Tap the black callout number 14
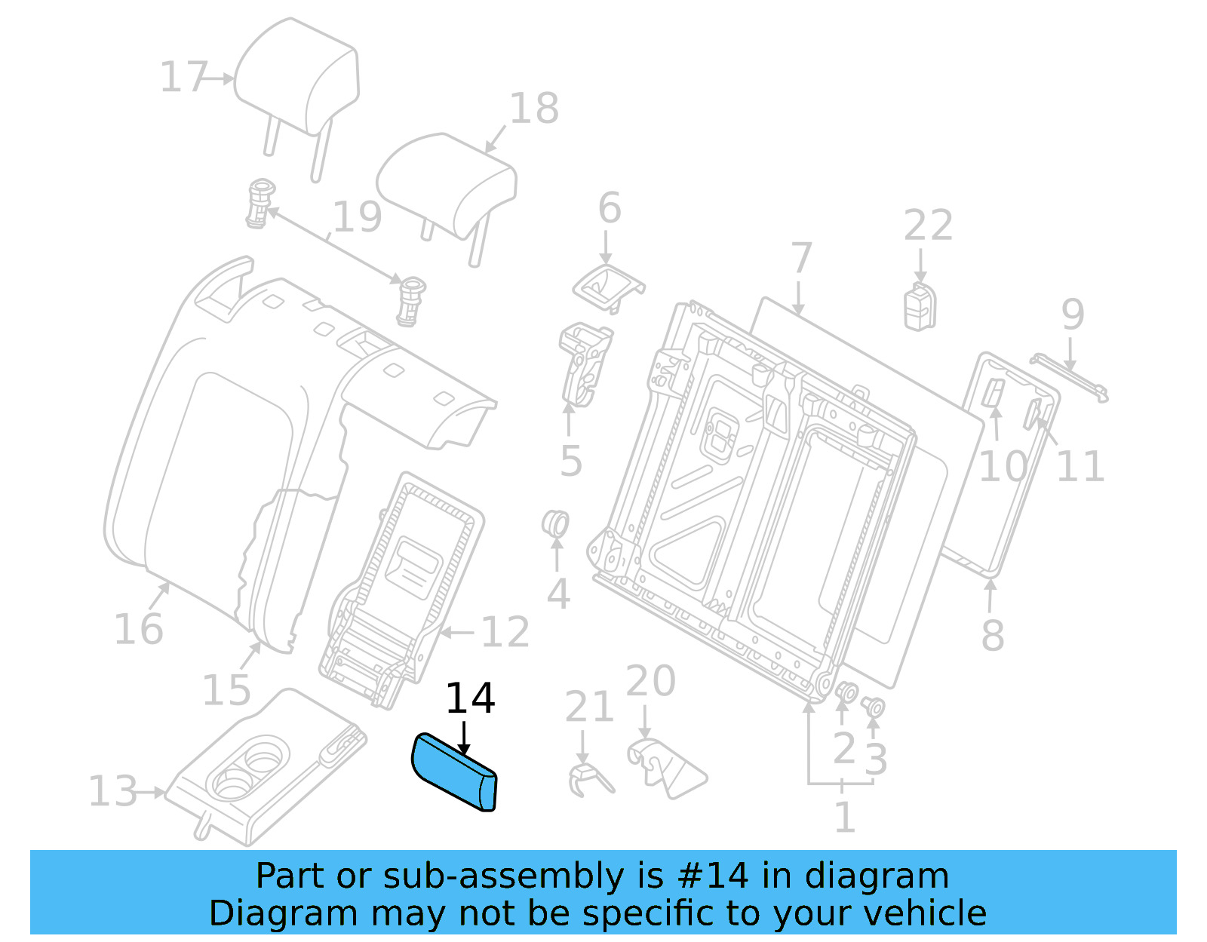tap(470, 698)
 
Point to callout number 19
tap(357, 216)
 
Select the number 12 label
tap(505, 632)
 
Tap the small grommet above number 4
tap(556, 523)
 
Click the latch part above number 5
tap(585, 362)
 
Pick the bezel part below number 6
tap(607, 287)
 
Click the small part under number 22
tap(920, 306)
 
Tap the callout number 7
tap(801, 258)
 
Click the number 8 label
tap(992, 635)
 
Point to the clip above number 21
tap(588, 778)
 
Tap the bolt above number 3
tap(874, 707)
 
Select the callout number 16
tap(138, 629)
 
